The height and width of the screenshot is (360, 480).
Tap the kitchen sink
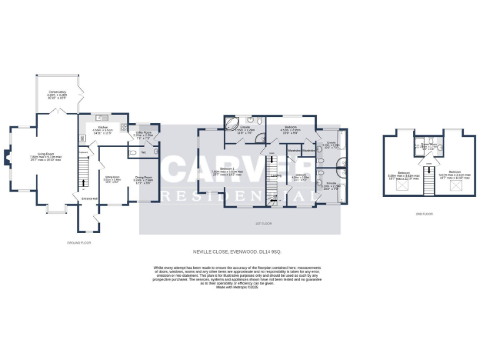[x=99, y=117]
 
